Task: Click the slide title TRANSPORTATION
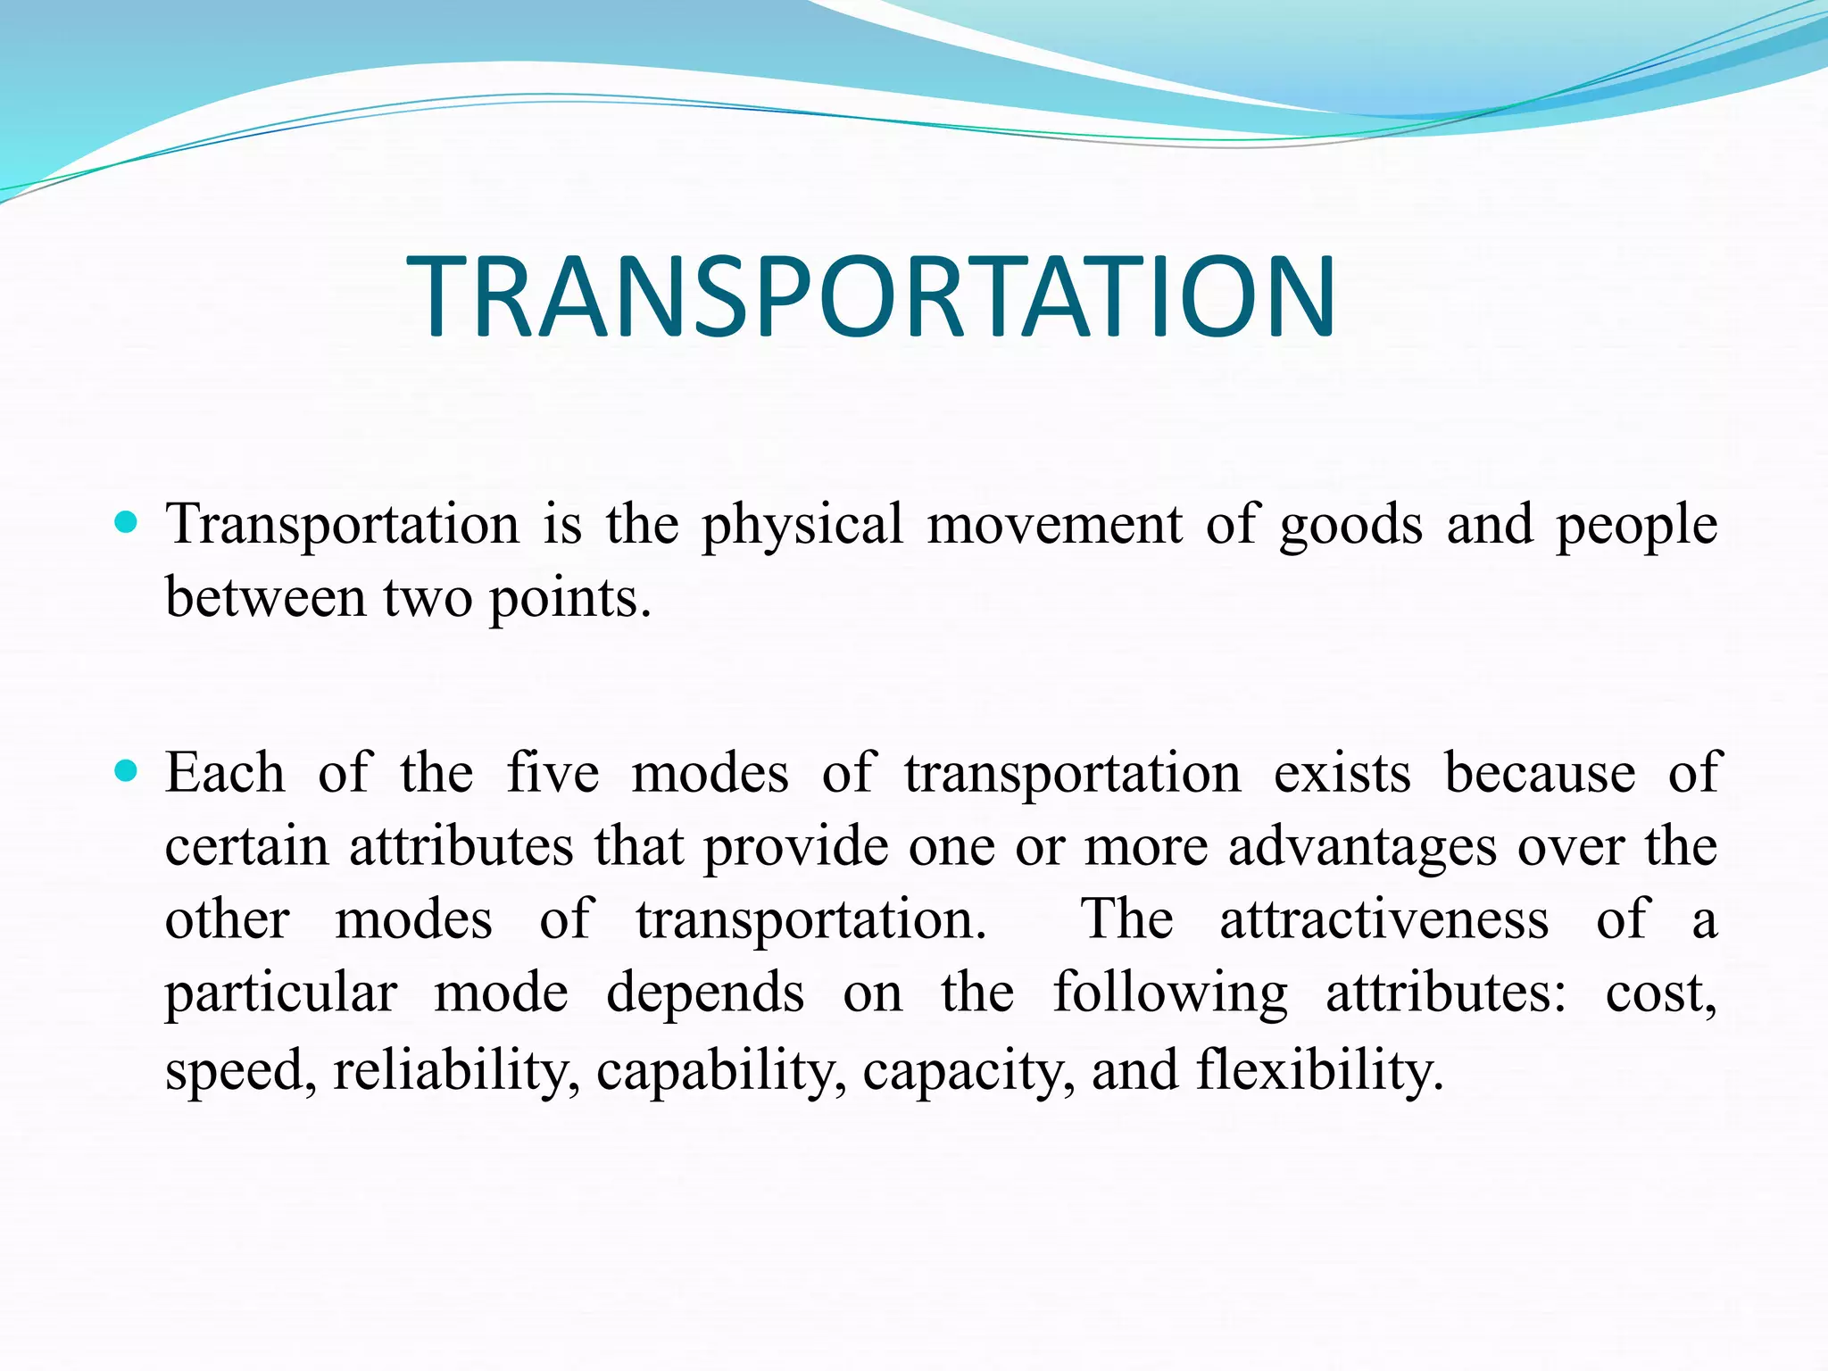click(871, 296)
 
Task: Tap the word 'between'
click(265, 598)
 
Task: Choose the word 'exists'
click(1342, 773)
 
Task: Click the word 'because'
click(1540, 773)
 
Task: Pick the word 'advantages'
click(1362, 848)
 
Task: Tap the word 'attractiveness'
click(1383, 919)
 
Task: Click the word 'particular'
click(280, 994)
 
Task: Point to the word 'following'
click(1170, 994)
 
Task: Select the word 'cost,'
click(1660, 994)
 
